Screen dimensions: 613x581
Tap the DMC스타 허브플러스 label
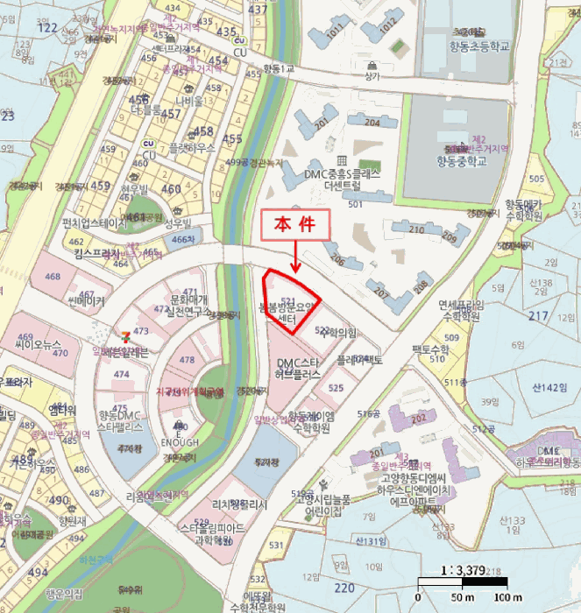297,368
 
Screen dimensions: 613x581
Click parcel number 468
53,278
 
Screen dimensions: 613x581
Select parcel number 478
187,360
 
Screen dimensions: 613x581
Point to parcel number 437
258,10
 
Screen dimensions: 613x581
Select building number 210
414,229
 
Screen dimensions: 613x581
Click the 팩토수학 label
430,349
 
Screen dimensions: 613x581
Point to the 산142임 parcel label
549,386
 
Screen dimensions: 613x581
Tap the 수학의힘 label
341,334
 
